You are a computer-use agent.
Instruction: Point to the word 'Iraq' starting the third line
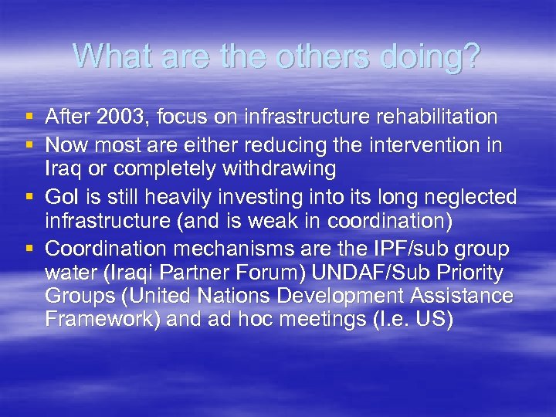[62, 168]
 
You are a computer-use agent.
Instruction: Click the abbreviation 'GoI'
[60, 198]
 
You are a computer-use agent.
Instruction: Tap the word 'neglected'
[470, 198]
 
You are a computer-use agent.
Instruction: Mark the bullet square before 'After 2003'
[29, 118]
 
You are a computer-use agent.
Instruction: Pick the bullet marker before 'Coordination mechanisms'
[29, 249]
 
